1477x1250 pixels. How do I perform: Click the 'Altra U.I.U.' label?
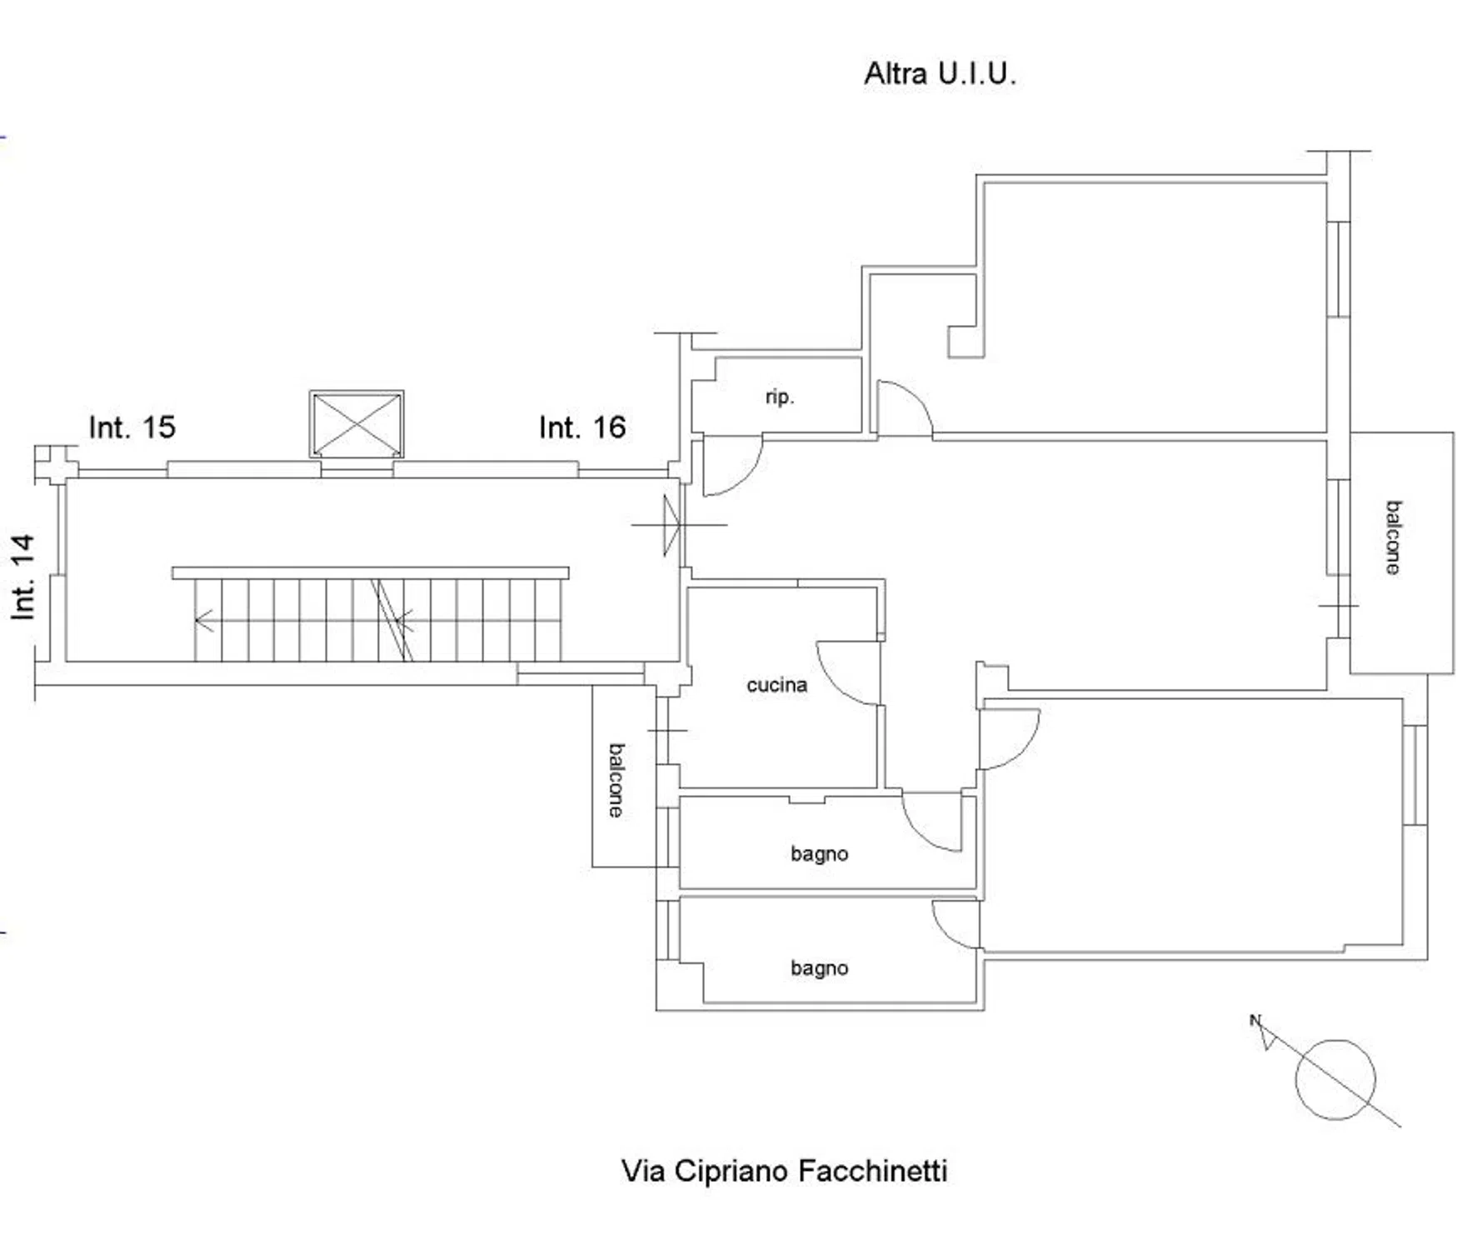click(940, 74)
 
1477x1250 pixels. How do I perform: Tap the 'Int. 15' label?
click(132, 427)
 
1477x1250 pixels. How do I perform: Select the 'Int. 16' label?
click(582, 427)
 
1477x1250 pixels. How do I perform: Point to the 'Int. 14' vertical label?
click(23, 577)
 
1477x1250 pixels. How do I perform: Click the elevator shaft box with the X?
click(357, 424)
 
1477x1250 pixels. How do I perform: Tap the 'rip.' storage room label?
click(780, 397)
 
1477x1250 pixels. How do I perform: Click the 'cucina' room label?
click(776, 685)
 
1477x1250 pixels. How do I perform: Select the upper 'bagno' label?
click(820, 854)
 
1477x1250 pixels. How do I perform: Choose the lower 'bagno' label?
click(820, 968)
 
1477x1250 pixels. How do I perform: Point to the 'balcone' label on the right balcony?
click(1393, 537)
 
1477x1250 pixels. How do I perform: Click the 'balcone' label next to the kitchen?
click(616, 780)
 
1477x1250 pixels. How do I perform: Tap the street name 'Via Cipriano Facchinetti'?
click(784, 1171)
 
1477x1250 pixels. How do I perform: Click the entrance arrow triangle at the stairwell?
click(671, 525)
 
